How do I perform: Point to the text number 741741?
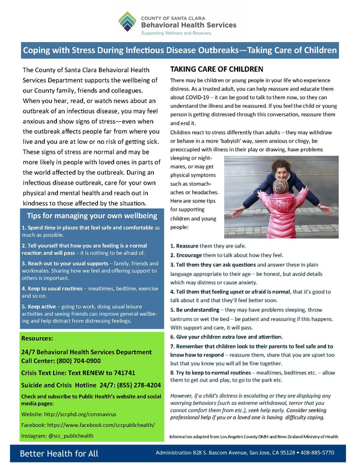(122, 373)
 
